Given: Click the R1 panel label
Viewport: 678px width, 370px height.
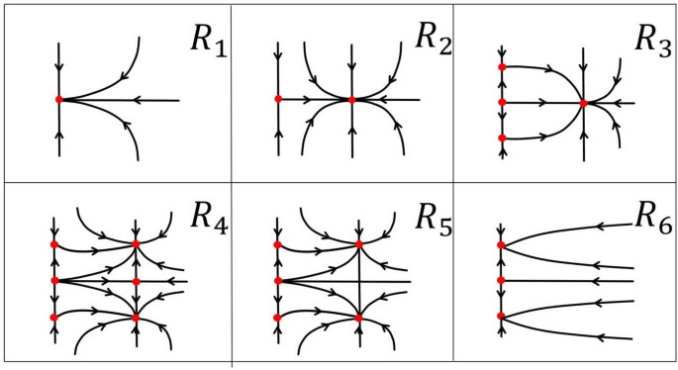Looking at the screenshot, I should click(x=208, y=44).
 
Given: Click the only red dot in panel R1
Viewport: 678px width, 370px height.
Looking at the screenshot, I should click(x=59, y=99).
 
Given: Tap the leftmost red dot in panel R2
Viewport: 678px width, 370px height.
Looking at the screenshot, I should click(x=278, y=99).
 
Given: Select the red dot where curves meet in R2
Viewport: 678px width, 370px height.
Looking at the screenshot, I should click(x=352, y=100).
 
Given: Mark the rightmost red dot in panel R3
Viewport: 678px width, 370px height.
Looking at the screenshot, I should click(x=584, y=102).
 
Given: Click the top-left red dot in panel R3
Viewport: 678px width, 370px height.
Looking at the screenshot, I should click(x=503, y=66).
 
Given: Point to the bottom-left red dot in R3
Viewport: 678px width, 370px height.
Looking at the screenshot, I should click(x=503, y=138).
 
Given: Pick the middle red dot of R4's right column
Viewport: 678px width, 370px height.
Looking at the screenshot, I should click(x=136, y=281).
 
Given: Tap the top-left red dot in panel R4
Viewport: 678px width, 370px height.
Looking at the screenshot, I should click(x=53, y=243).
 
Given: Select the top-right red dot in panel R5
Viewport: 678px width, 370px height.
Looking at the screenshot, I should click(x=359, y=243).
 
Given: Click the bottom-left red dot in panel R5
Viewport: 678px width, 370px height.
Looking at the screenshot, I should click(x=277, y=318).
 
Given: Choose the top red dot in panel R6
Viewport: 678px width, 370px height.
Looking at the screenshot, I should click(x=502, y=244).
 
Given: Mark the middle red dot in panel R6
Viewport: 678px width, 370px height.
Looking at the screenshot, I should click(x=502, y=280).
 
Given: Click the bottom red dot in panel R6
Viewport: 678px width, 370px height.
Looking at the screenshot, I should click(x=502, y=316).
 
